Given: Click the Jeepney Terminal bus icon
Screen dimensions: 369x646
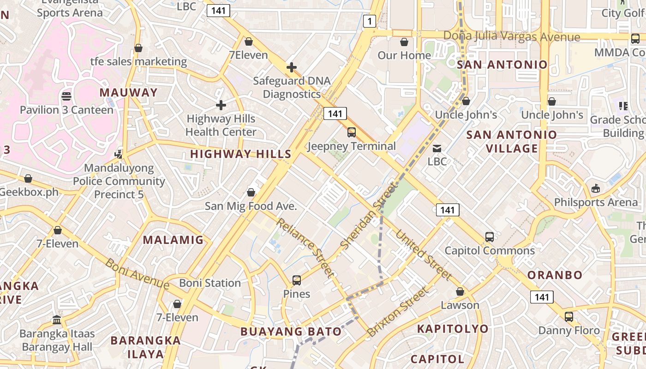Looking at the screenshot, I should point(352,132).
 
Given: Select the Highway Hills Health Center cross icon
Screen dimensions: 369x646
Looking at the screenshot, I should point(221,105).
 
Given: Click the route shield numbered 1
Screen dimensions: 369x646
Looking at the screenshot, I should point(369,21).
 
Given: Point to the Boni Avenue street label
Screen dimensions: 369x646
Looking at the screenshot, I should point(137,274).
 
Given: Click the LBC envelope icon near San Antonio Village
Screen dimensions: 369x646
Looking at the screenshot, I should point(437,149).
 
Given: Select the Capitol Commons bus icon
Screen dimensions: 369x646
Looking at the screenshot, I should point(490,237).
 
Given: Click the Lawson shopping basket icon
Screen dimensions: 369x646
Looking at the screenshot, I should point(460,292).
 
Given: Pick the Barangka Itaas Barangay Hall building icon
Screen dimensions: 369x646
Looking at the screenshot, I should point(57,320).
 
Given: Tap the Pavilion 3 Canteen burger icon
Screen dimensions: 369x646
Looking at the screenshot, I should point(66,96).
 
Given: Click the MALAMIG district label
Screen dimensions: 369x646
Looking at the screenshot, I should point(173,240).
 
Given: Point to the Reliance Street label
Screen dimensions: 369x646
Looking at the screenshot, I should point(305,248).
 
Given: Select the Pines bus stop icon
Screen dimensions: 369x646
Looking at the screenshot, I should point(297,280).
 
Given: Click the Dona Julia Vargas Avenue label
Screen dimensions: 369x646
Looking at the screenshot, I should point(511,36).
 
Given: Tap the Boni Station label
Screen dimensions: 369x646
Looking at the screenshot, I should point(210,283).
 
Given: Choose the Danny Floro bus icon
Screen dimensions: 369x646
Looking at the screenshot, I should point(569,317).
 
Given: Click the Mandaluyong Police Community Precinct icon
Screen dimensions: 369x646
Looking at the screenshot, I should point(119,154).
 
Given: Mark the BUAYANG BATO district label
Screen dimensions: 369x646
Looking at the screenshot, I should point(291,331).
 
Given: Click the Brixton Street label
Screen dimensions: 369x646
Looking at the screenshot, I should point(397,312).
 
